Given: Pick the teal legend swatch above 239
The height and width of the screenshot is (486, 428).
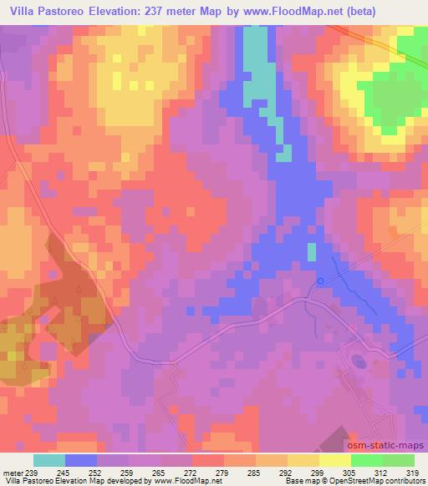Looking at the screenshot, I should pos(49,460).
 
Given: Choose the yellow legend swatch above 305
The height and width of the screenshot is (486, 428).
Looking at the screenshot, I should pos(335,460).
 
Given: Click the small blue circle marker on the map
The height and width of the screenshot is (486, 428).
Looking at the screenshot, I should pos(321,281).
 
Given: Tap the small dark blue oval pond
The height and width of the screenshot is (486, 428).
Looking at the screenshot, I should pos(359,362).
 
